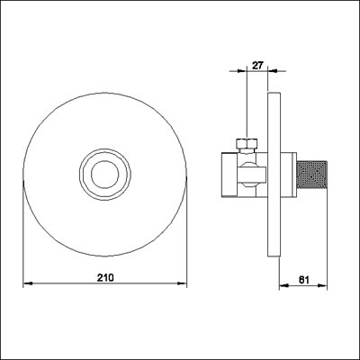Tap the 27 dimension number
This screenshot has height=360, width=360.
tap(256, 65)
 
